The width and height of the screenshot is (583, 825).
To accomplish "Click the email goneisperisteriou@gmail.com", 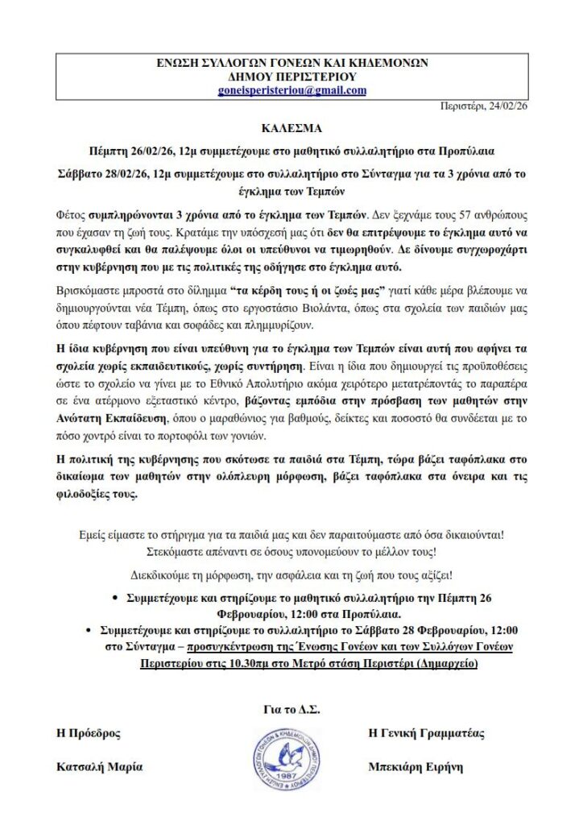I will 291,90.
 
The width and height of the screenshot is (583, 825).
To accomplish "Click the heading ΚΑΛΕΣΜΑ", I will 291,127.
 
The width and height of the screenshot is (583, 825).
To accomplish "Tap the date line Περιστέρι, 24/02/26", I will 483,106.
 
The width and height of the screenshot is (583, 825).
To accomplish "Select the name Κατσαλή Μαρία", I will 99,766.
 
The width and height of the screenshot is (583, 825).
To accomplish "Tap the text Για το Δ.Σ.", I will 291,709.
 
